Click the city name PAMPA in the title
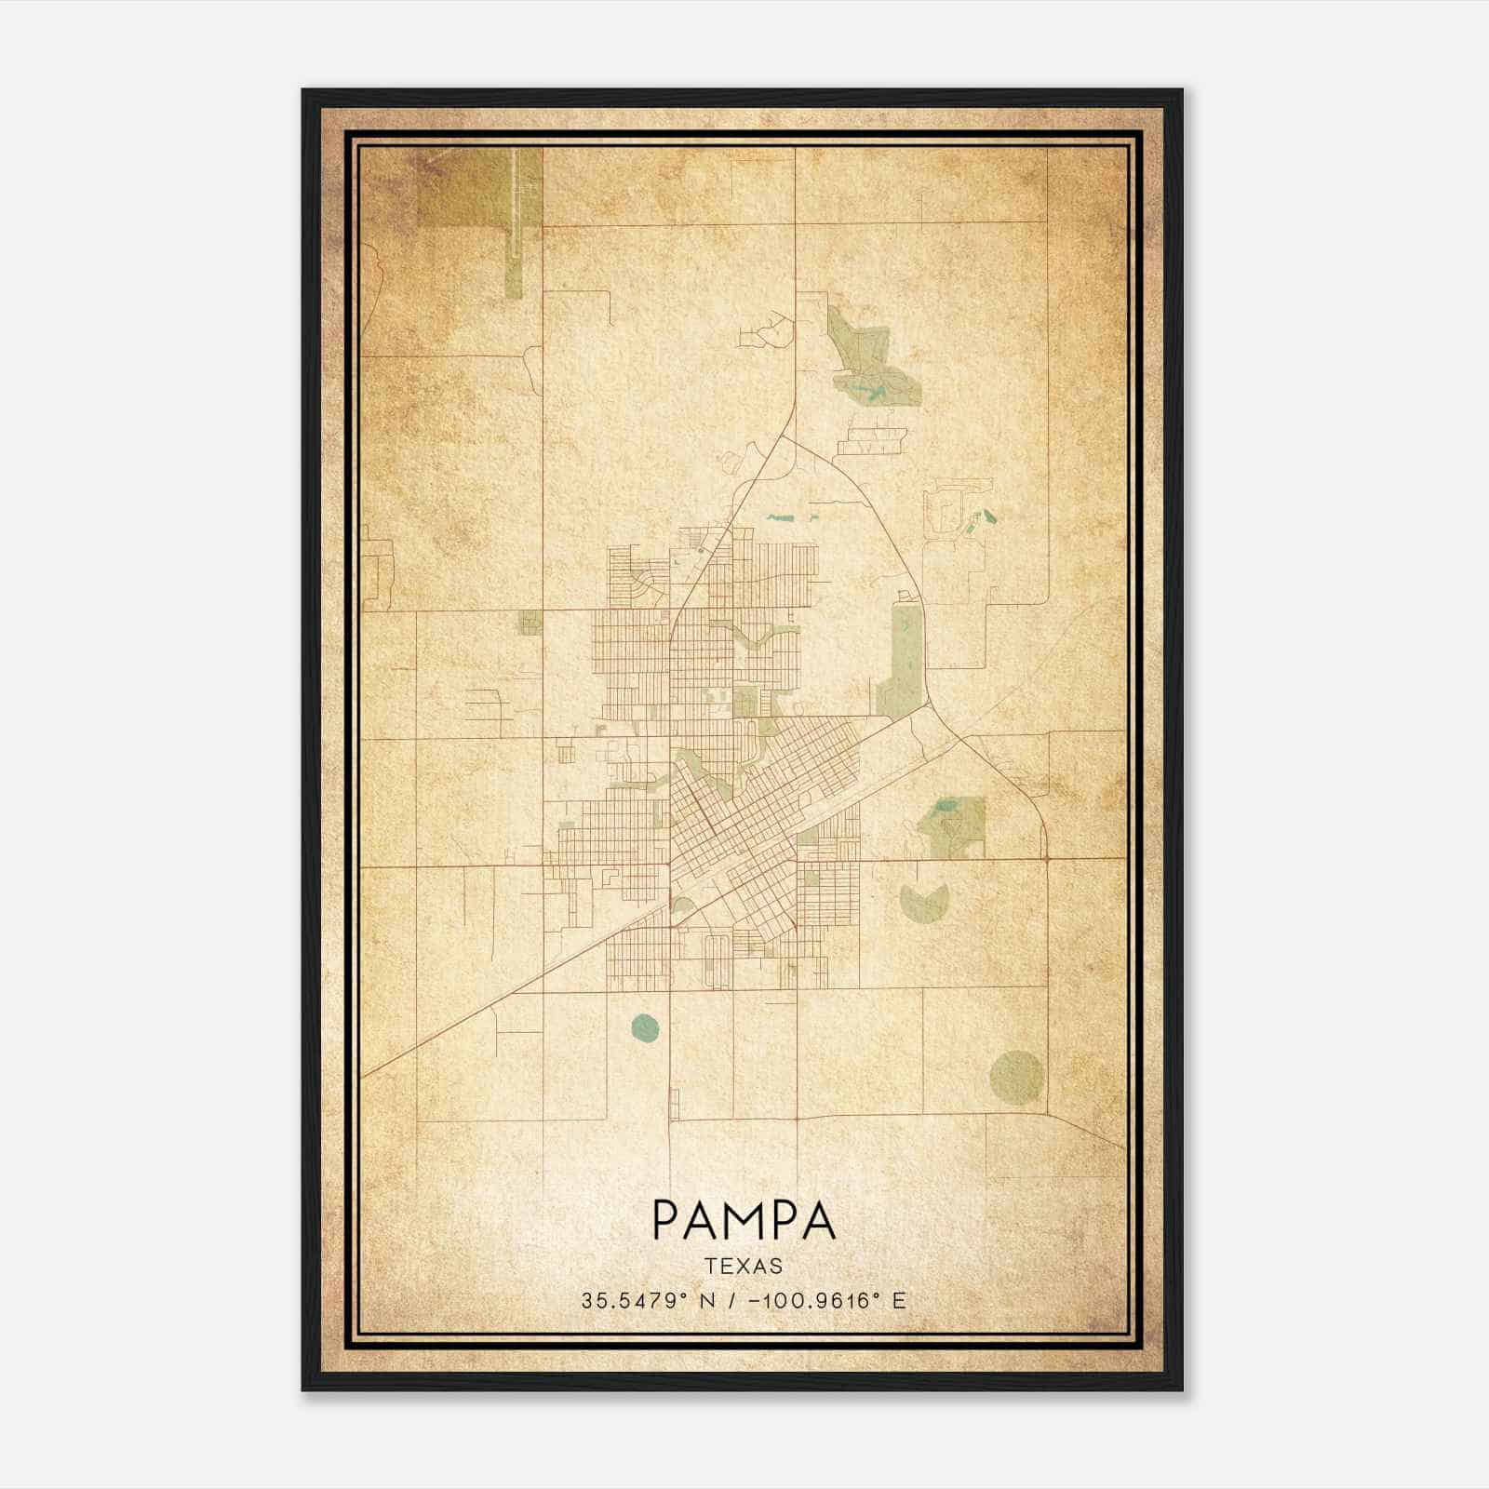click(x=744, y=1220)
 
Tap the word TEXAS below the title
click(x=744, y=1266)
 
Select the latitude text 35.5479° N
click(x=649, y=1301)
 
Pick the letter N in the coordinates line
click(x=707, y=1301)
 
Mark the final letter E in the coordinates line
click(x=899, y=1301)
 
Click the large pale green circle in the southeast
click(x=1015, y=1078)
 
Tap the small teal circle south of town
click(x=644, y=1027)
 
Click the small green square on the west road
click(x=530, y=623)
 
